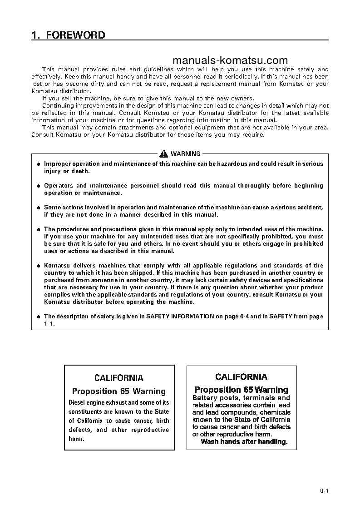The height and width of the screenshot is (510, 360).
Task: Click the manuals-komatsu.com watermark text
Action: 230,61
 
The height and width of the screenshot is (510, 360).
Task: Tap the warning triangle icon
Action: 163,153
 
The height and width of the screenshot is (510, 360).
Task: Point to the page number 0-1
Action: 324,490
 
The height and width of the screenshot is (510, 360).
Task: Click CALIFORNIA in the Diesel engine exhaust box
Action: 118,378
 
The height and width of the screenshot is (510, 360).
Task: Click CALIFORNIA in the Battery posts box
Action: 241,377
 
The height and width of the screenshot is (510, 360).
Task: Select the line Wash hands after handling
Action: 244,441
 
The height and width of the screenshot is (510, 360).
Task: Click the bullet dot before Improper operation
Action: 39,164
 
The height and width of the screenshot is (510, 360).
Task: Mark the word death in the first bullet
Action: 80,171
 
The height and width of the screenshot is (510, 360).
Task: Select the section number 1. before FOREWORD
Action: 35,35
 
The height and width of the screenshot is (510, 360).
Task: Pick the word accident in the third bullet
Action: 308,208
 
